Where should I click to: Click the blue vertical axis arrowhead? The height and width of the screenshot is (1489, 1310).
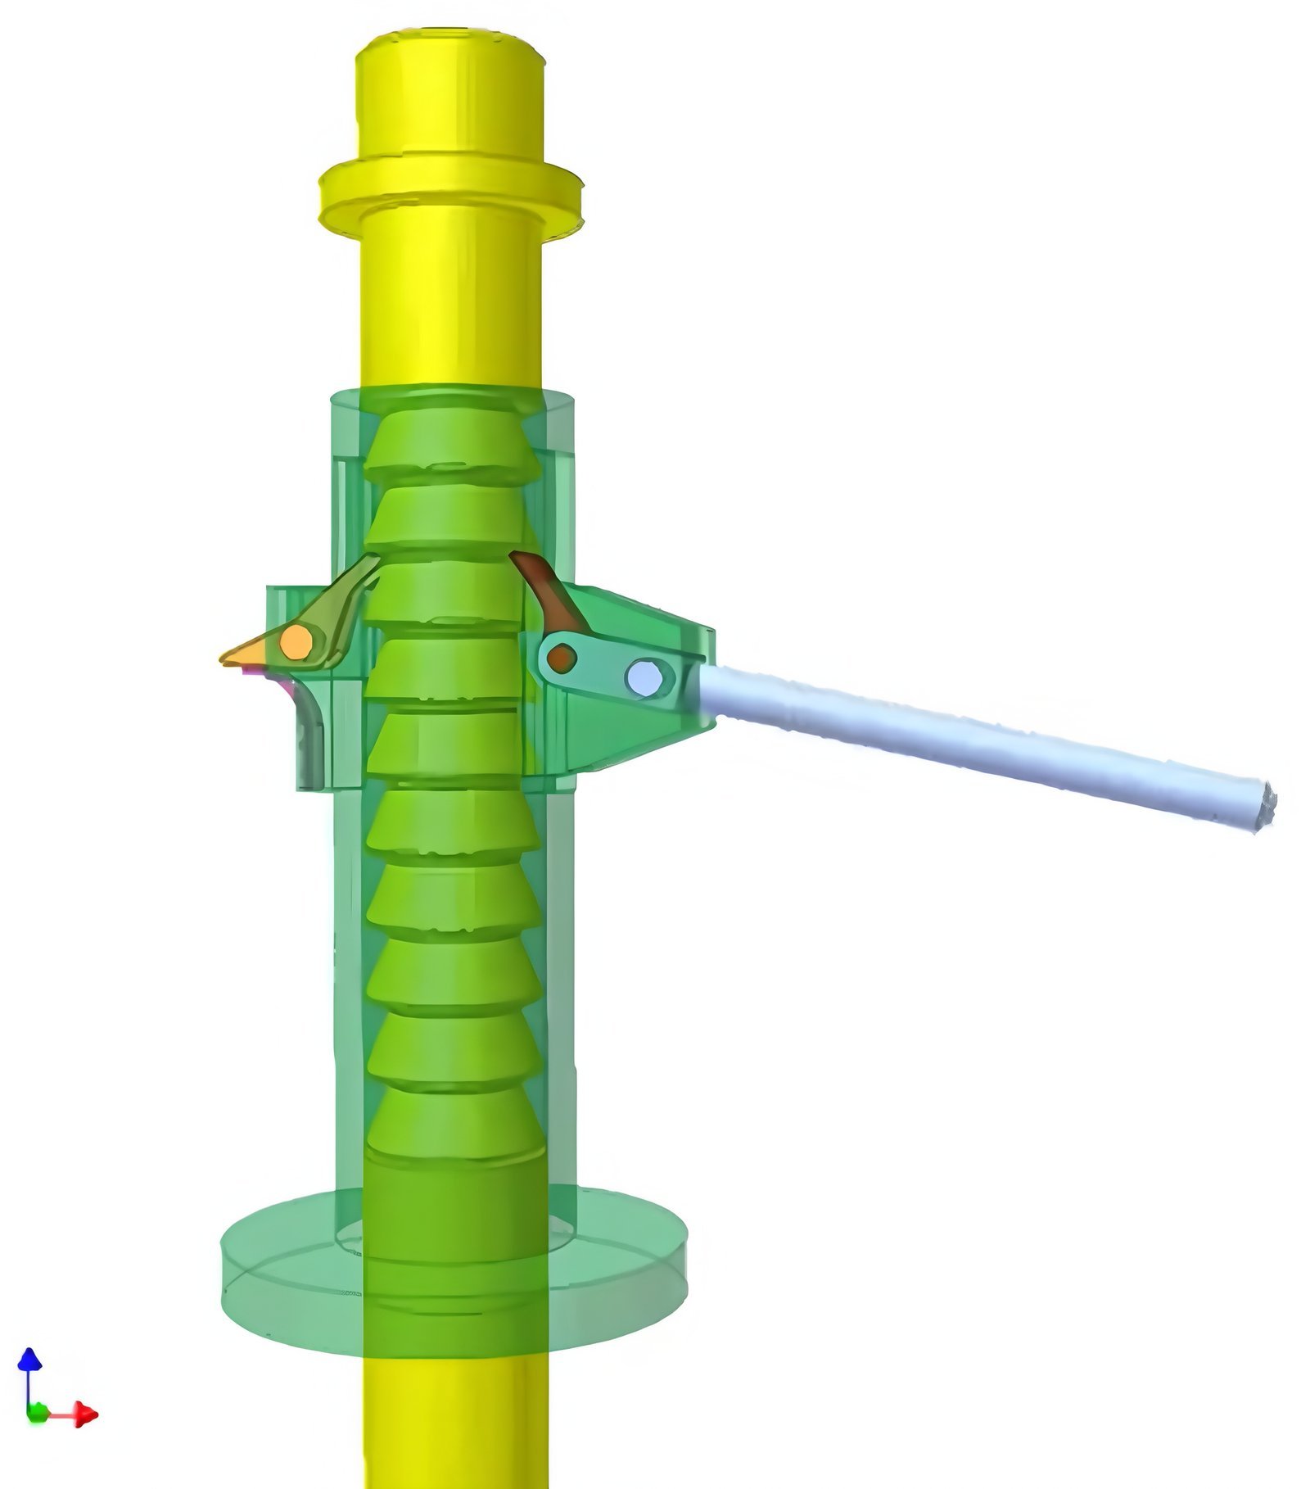pyautogui.click(x=30, y=1360)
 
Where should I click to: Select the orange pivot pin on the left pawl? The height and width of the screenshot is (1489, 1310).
pyautogui.click(x=296, y=643)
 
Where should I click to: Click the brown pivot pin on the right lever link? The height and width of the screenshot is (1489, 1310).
pyautogui.click(x=562, y=656)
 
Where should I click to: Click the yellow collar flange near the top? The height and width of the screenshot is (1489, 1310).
pyautogui.click(x=450, y=192)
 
